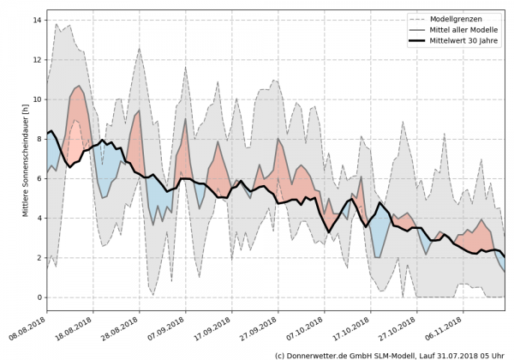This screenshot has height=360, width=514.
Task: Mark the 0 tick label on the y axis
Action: tap(40, 297)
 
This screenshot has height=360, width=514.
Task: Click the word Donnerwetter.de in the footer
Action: tap(322, 354)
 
